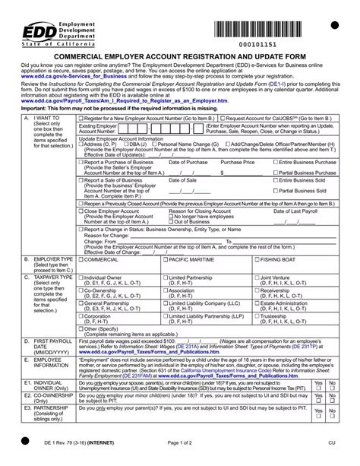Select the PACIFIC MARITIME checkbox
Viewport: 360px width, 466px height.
166,260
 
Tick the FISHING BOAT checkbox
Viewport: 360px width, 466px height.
256,260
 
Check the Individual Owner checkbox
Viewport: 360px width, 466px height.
83,278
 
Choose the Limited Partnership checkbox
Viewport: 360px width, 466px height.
166,278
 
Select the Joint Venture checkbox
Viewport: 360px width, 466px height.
256,278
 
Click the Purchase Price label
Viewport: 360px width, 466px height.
238,162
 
